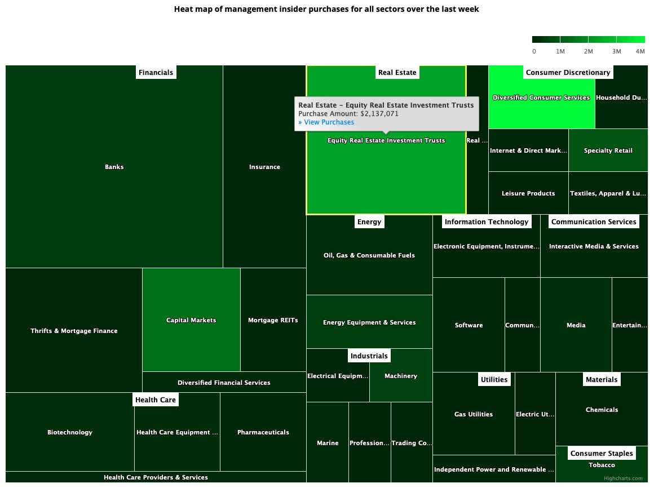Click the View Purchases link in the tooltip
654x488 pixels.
click(326, 122)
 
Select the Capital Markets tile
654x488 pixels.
click(191, 320)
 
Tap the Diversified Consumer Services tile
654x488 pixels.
click(541, 97)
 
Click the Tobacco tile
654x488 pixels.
click(602, 465)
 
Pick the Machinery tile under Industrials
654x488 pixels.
click(401, 376)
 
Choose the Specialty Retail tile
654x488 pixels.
click(608, 150)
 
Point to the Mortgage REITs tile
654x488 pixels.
click(273, 320)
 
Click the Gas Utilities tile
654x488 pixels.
click(474, 414)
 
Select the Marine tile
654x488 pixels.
click(328, 443)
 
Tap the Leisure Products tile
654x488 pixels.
click(528, 193)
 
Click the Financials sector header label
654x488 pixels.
click(156, 72)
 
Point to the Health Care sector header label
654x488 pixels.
click(156, 400)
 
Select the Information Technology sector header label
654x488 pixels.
click(487, 221)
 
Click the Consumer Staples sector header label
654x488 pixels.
click(602, 453)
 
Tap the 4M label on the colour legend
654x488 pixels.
click(640, 51)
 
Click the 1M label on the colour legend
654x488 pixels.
click(560, 51)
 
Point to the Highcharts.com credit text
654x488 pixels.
click(623, 478)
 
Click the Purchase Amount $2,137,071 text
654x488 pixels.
click(348, 113)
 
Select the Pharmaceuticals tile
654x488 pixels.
click(263, 432)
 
